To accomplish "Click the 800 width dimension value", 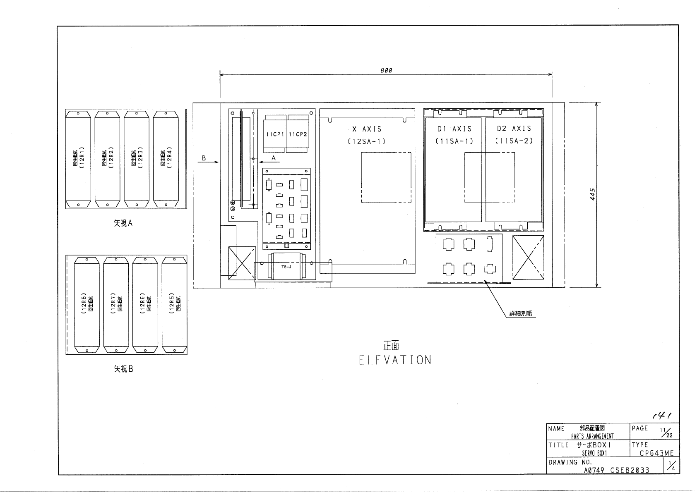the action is click(x=386, y=70).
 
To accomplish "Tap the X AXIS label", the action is click(x=367, y=129).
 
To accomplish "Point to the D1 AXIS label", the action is click(x=454, y=129).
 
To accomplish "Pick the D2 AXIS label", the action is click(x=514, y=129).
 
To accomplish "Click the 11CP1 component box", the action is click(x=274, y=134).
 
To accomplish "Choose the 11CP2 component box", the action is click(x=298, y=134).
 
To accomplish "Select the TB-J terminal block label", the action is click(x=286, y=267).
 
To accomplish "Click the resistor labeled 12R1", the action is click(x=78, y=159).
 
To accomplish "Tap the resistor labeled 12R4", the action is click(x=166, y=159).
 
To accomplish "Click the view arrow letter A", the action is click(x=273, y=158).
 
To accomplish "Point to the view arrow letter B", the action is click(x=204, y=158).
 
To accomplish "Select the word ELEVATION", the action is click(x=395, y=360).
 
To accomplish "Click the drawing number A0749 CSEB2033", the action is click(x=616, y=470).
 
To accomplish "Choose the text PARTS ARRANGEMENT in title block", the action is click(x=592, y=436).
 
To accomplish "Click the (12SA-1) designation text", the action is click(x=367, y=141).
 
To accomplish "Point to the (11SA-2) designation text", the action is click(x=514, y=141).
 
